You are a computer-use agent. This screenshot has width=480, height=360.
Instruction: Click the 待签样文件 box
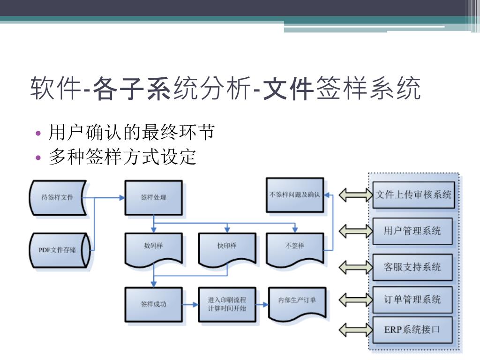pyautogui.click(x=58, y=198)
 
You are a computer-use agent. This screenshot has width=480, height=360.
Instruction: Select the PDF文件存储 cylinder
pyautogui.click(x=58, y=250)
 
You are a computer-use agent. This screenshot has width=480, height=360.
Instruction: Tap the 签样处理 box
pyautogui.click(x=154, y=198)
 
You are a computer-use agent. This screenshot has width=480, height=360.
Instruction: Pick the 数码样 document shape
pyautogui.click(x=154, y=247)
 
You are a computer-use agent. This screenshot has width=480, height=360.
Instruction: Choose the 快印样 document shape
pyautogui.click(x=227, y=247)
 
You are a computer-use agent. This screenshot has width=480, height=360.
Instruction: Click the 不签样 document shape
pyautogui.click(x=295, y=247)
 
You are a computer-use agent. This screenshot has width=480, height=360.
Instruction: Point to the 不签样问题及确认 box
pyautogui.click(x=295, y=195)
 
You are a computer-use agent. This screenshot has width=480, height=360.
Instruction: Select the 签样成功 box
pyautogui.click(x=154, y=304)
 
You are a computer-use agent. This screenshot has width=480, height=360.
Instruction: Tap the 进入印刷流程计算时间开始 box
pyautogui.click(x=227, y=304)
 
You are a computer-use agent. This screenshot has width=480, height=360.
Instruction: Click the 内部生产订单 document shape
pyautogui.click(x=297, y=302)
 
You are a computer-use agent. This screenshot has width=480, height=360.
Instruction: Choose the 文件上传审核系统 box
pyautogui.click(x=413, y=195)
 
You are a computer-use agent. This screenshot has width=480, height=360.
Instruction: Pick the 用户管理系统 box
pyautogui.click(x=412, y=231)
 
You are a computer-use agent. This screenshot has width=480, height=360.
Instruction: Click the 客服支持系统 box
pyautogui.click(x=412, y=267)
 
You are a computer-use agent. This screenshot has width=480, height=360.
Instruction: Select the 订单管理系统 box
pyautogui.click(x=412, y=300)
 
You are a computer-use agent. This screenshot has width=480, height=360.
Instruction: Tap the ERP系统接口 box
pyautogui.click(x=412, y=330)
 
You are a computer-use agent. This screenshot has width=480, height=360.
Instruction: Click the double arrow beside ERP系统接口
pyautogui.click(x=355, y=330)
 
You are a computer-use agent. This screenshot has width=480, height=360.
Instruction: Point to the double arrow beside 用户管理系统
pyautogui.click(x=355, y=231)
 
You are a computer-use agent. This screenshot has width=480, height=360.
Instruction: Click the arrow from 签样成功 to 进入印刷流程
pyautogui.click(x=190, y=304)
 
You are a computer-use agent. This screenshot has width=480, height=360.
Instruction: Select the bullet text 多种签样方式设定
pyautogui.click(x=122, y=157)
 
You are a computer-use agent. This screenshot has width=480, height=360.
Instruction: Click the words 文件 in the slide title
pyautogui.click(x=287, y=89)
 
